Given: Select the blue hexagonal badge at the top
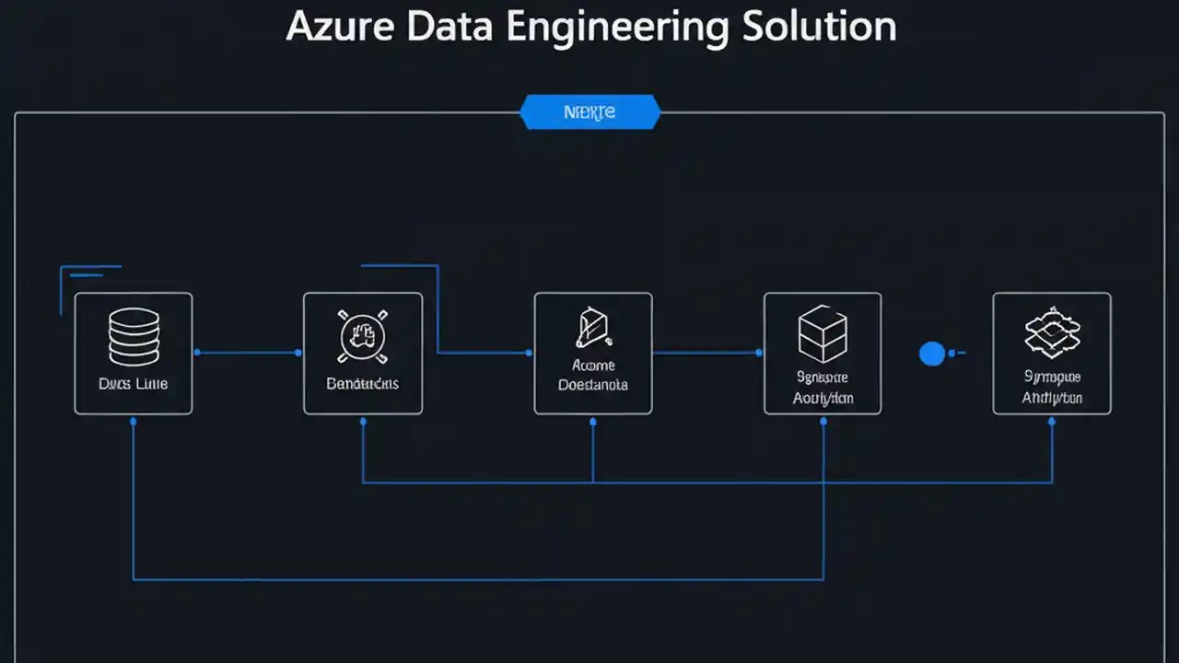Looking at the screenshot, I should [589, 112].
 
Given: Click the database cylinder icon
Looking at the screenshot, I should [134, 336].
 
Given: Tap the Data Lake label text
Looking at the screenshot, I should [134, 383].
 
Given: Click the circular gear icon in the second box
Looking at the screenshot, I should [362, 336].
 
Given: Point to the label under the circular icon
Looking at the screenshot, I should [362, 383].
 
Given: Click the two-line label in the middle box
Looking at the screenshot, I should [593, 375].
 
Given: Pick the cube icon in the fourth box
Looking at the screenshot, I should [822, 333].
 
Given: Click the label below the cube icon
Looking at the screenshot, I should [823, 388].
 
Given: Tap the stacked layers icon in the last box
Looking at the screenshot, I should [1051, 334].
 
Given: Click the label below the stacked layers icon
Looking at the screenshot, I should [1051, 388].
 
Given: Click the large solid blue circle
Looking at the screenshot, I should [932, 353].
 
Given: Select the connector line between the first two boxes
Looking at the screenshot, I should [247, 353].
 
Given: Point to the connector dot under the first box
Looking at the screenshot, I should [134, 421].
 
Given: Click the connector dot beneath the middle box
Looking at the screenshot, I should [592, 421].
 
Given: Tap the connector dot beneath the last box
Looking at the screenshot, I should [1052, 421].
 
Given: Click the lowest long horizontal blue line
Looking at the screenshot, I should [479, 580].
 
